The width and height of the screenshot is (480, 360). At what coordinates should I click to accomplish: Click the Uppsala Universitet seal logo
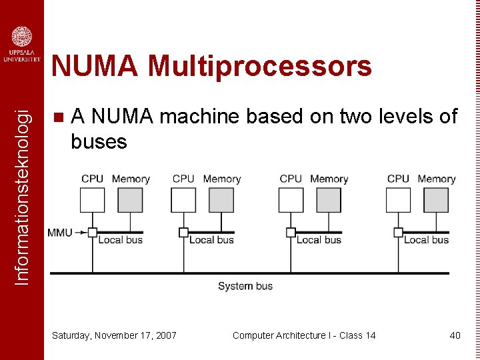[21, 37]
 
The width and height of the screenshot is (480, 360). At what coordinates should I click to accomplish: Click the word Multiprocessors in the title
[260, 66]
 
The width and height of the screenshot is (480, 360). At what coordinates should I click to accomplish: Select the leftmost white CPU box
[93, 200]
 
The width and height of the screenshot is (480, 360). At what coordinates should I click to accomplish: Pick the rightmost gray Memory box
[436, 200]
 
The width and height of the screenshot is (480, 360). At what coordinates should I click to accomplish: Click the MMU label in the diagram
[60, 233]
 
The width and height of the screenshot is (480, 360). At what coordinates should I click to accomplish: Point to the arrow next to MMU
[81, 233]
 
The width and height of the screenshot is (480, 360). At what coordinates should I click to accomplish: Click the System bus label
[245, 286]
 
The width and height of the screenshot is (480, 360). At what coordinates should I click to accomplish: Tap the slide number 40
[455, 335]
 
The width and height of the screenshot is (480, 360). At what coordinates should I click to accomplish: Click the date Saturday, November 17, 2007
[114, 335]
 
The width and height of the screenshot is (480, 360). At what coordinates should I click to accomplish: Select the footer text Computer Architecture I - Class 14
[304, 335]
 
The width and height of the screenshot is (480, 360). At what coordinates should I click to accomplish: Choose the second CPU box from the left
[183, 200]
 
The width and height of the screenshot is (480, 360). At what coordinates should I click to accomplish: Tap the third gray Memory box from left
[329, 200]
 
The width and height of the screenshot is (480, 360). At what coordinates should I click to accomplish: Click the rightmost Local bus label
[426, 240]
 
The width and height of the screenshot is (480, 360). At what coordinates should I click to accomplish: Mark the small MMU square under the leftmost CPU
[93, 233]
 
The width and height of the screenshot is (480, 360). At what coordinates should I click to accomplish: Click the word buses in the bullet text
[99, 141]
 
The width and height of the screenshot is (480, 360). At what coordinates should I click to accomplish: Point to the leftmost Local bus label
[121, 240]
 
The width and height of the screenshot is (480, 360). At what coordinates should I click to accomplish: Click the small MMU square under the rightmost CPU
[398, 233]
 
